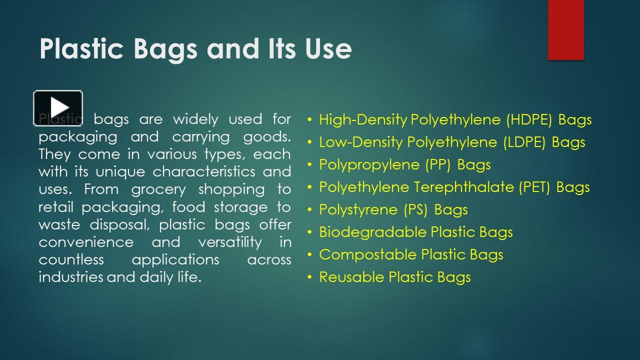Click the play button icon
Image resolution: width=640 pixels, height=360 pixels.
click(x=58, y=107)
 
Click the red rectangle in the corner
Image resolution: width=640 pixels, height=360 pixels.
click(x=565, y=30)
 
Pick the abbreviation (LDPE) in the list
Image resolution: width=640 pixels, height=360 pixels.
click(x=524, y=142)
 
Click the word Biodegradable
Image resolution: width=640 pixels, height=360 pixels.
click(x=373, y=232)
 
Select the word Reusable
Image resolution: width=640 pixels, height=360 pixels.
click(x=352, y=277)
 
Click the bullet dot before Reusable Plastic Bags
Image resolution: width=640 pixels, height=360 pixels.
click(x=310, y=277)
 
